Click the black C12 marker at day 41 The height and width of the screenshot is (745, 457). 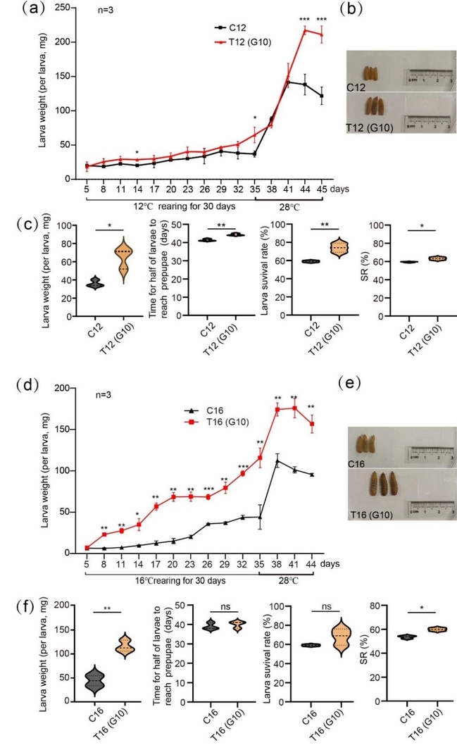[x=288, y=82]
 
